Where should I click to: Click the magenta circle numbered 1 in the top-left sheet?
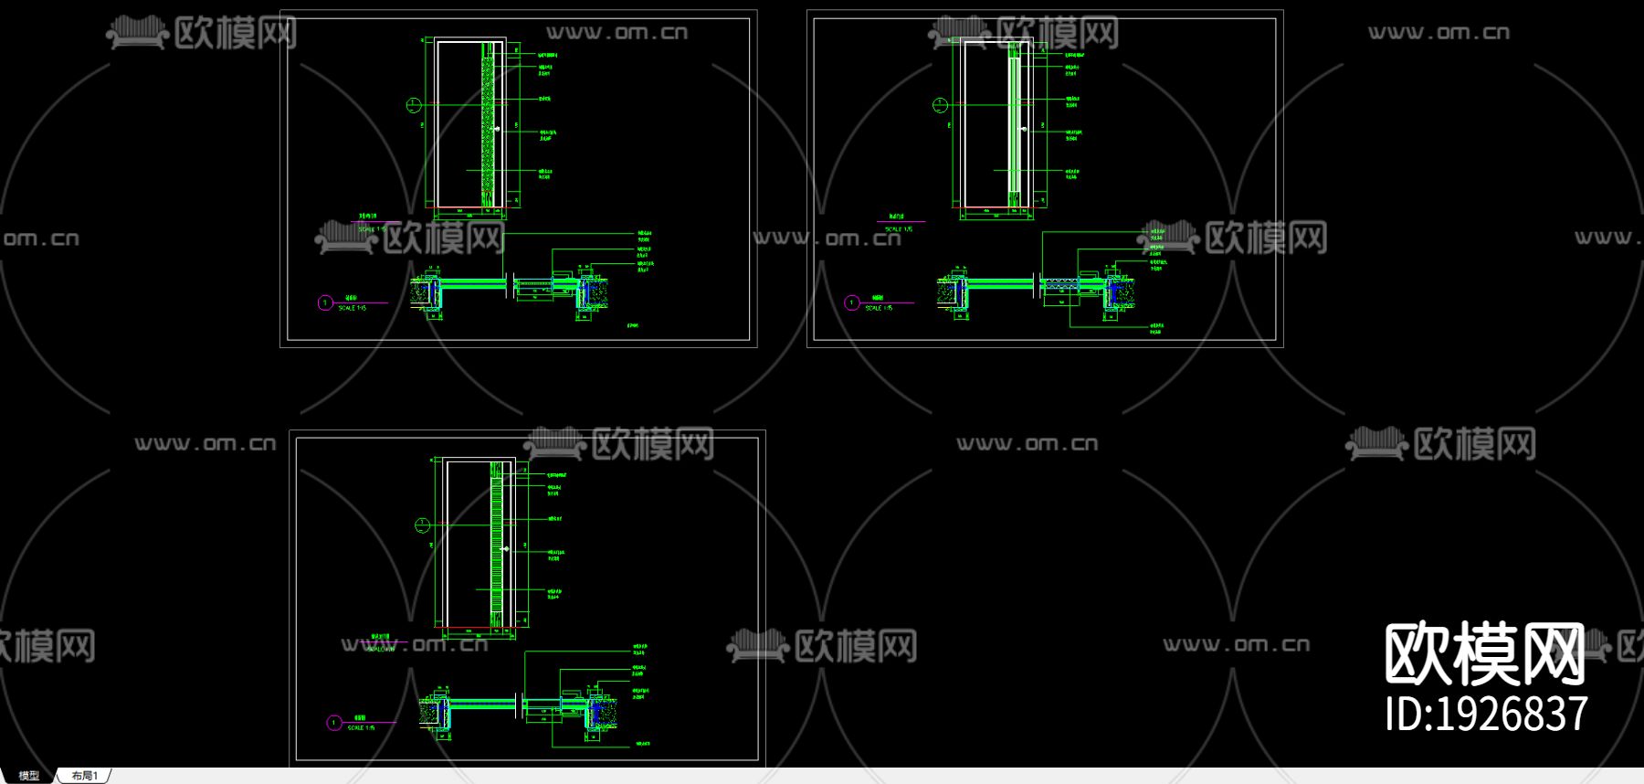pyautogui.click(x=325, y=302)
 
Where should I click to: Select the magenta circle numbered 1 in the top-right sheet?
pyautogui.click(x=851, y=302)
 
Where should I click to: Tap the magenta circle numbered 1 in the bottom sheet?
pyautogui.click(x=334, y=723)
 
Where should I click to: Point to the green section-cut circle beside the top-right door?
pyautogui.click(x=940, y=105)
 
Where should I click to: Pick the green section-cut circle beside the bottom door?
pyautogui.click(x=422, y=524)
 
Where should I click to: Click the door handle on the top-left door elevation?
pyautogui.click(x=497, y=130)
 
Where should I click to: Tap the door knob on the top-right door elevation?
pyautogui.click(x=1024, y=129)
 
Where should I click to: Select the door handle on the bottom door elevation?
pyautogui.click(x=508, y=549)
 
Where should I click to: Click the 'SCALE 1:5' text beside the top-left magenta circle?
pyautogui.click(x=353, y=309)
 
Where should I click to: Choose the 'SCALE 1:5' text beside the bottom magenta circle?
pyautogui.click(x=362, y=728)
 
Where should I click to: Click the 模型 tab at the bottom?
pyautogui.click(x=29, y=776)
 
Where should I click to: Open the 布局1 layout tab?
pyautogui.click(x=84, y=776)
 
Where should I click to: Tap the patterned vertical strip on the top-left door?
pyautogui.click(x=488, y=123)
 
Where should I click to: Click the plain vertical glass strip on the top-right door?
pyautogui.click(x=1014, y=123)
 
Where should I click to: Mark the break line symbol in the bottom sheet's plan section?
pyautogui.click(x=520, y=705)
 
